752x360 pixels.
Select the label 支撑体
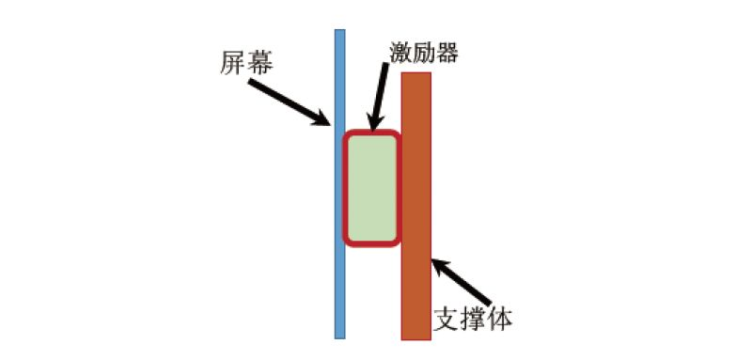[x=473, y=318]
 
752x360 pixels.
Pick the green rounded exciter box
[x=371, y=188]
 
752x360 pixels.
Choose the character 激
[x=399, y=53]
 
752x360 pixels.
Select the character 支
[x=446, y=318]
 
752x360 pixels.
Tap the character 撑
[x=473, y=318]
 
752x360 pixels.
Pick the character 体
[x=499, y=318]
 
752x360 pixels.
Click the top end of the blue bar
[x=340, y=32]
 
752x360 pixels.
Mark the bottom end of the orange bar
[x=415, y=336]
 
